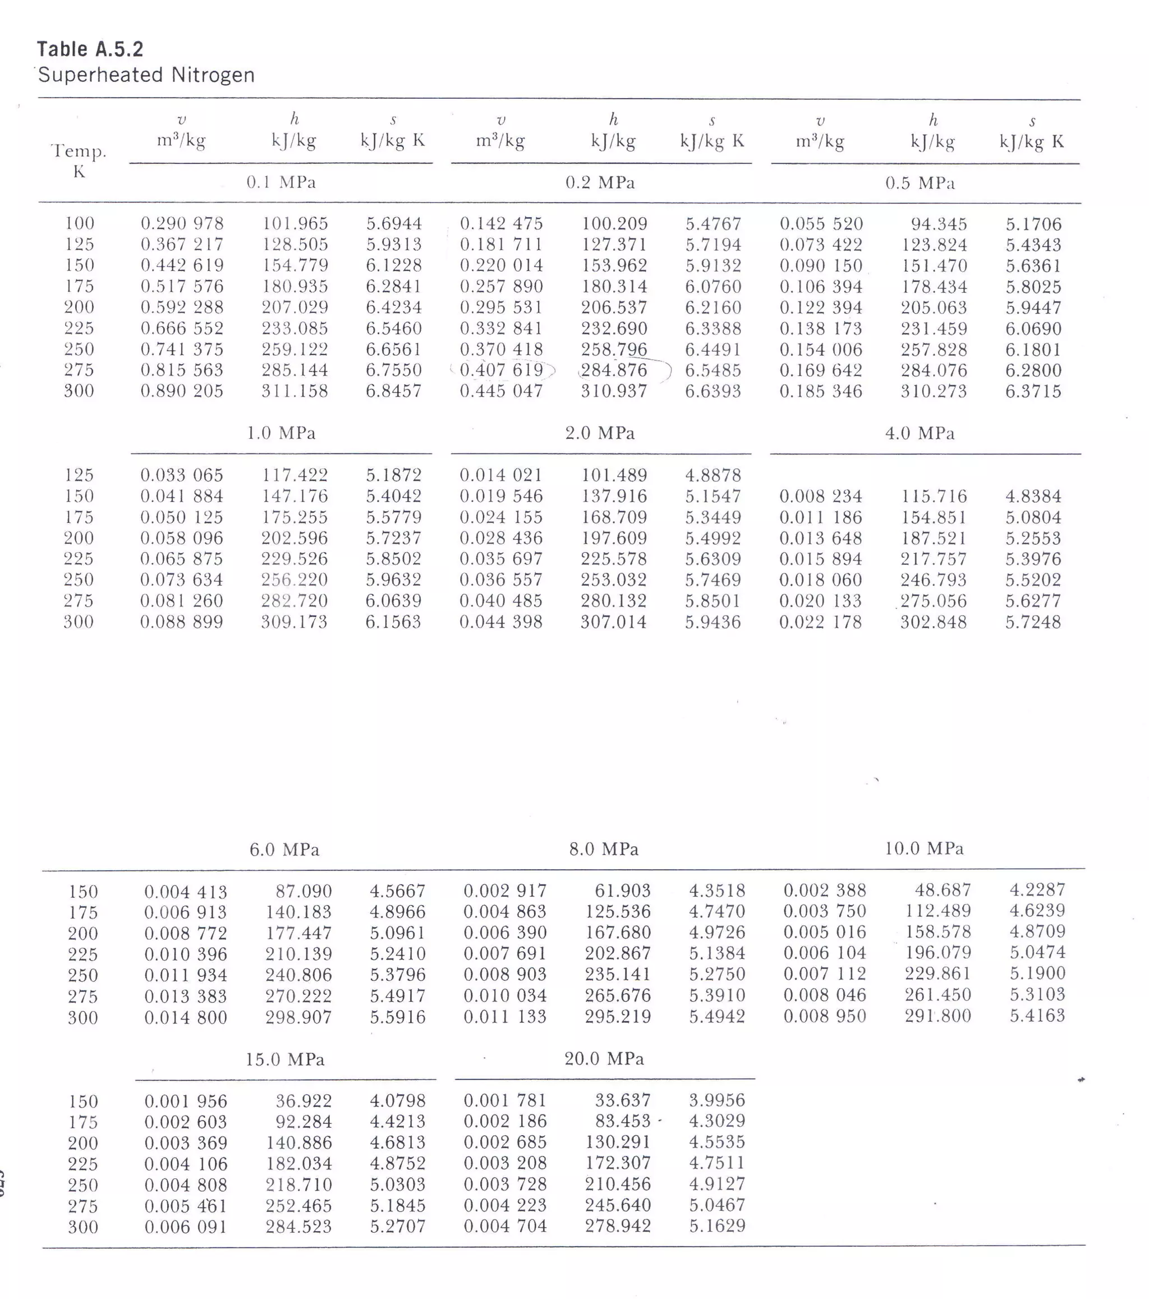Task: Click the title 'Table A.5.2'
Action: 90,49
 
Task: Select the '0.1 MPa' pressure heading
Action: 281,182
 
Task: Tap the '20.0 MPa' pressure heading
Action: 604,1058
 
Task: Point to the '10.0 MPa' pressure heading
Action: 924,848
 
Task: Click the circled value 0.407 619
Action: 502,370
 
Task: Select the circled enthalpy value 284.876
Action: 614,370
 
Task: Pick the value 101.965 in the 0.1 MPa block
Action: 296,224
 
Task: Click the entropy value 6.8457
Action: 393,391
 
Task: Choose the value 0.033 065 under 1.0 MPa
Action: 182,475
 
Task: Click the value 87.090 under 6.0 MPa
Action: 303,891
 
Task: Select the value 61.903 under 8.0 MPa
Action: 622,891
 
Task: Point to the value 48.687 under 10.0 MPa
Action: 943,890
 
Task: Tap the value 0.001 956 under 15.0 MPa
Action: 186,1101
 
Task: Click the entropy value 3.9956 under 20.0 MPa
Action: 717,1100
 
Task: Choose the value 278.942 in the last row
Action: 618,1225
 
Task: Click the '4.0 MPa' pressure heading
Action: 920,433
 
